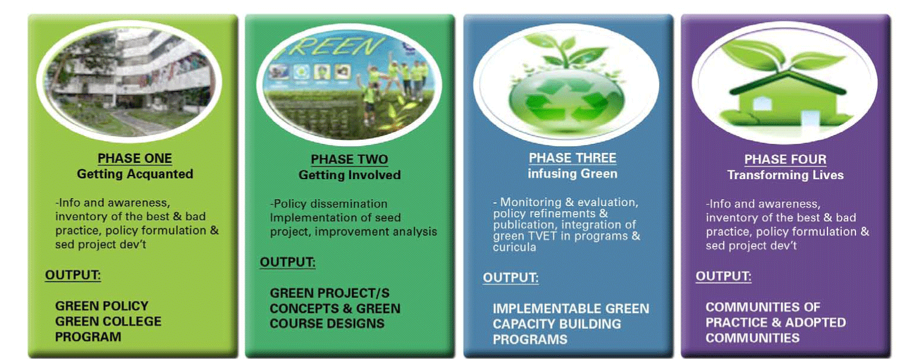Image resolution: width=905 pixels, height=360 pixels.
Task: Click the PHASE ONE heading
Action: coord(134,158)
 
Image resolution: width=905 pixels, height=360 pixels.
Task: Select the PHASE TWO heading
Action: coord(349,159)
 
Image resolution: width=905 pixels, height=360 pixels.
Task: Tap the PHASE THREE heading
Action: coord(572,158)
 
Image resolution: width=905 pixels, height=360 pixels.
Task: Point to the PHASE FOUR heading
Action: coord(786,159)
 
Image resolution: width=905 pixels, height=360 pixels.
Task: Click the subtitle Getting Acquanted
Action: coord(135,174)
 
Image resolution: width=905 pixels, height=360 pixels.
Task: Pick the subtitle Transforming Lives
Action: coord(786,175)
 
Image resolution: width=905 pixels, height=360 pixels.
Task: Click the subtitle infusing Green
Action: coord(572,174)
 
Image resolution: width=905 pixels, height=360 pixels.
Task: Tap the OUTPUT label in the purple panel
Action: coord(723,276)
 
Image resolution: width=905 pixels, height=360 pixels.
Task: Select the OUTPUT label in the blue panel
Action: coord(510,278)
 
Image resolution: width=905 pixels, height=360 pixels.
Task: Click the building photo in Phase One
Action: coord(129,81)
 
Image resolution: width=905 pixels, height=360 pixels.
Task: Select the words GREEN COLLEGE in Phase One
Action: coord(108,322)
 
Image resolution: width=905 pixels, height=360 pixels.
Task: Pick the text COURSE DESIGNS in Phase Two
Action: coord(327,324)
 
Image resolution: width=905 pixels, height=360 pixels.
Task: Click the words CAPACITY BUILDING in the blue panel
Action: coord(557,324)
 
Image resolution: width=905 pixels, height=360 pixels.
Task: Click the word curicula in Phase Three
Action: coord(515,247)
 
